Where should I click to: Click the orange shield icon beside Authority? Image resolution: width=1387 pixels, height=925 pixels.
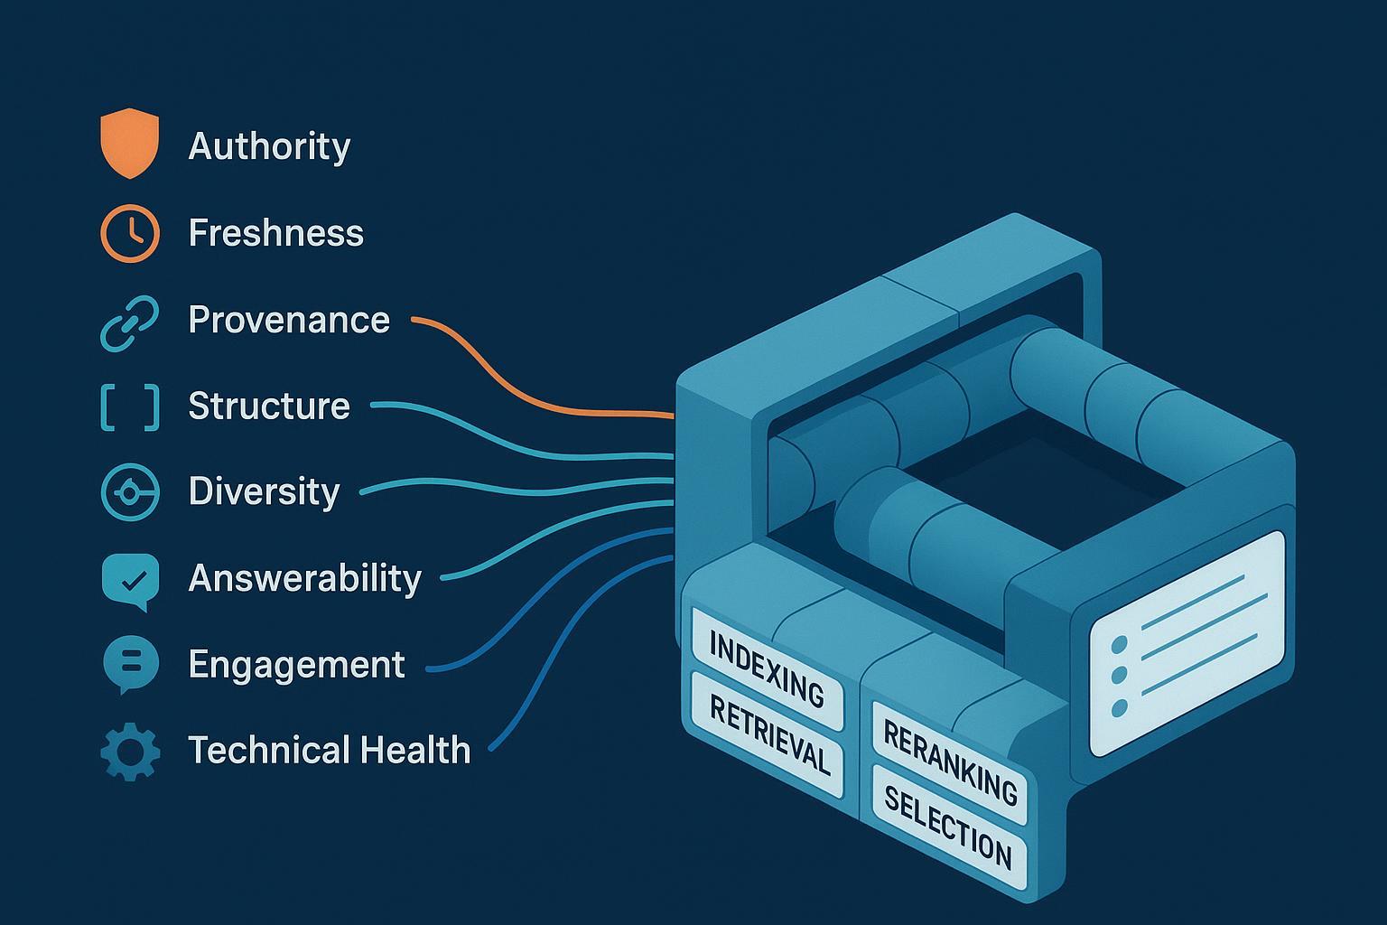129,143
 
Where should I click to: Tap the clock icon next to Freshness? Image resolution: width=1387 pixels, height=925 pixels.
130,233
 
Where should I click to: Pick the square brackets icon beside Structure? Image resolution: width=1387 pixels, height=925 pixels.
129,406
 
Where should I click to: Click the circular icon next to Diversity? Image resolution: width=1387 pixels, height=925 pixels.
130,492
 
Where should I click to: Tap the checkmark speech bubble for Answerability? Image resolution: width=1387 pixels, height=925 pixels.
130,579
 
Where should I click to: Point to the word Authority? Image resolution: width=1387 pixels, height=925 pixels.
269,145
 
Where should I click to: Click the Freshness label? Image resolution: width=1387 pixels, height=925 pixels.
275,233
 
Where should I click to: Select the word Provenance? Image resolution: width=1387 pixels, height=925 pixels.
289,320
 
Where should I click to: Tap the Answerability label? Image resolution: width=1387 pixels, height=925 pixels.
304,578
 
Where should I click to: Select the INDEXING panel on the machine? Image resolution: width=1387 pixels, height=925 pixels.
767,668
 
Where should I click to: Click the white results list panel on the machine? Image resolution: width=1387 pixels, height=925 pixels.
1187,643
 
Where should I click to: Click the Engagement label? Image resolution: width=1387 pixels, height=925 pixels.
296,665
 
